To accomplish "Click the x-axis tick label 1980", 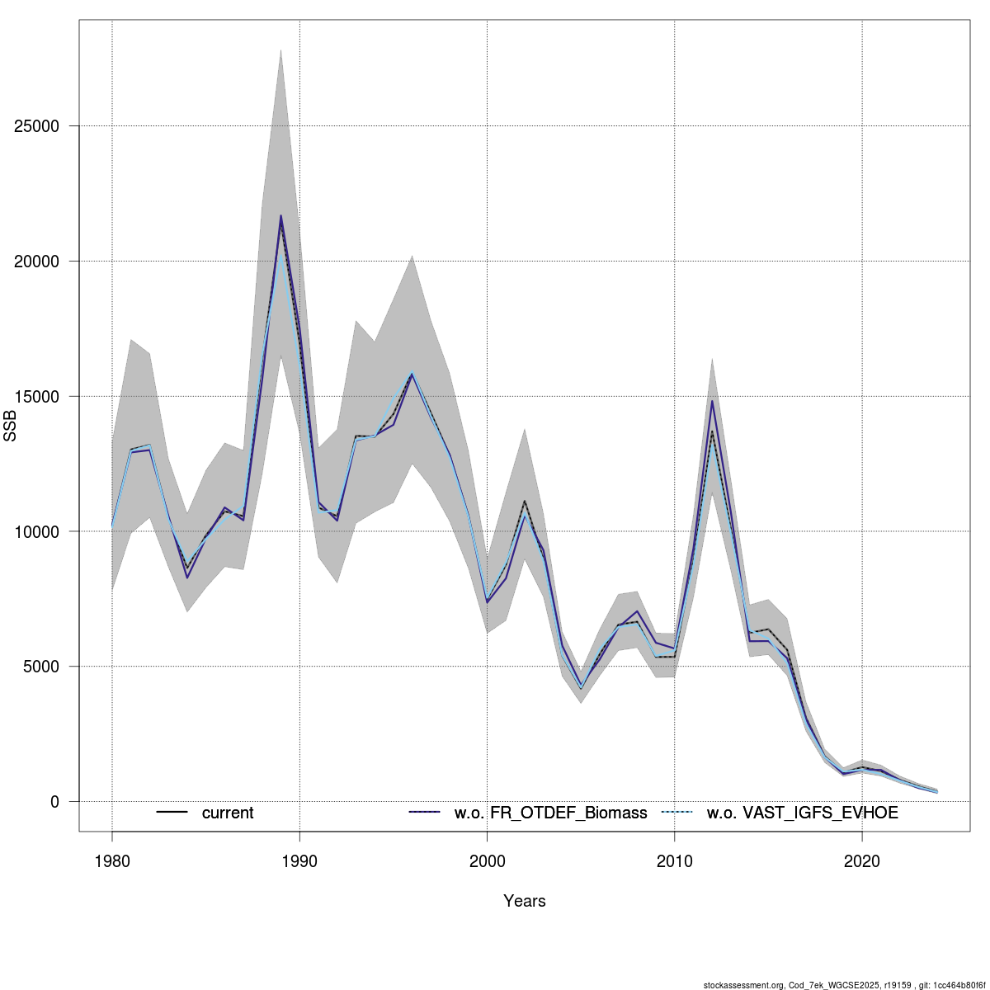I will [x=112, y=861].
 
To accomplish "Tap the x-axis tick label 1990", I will [x=299, y=861].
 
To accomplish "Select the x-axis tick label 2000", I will [x=488, y=861].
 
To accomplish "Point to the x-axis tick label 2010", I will [x=675, y=861].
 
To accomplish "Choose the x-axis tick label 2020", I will [x=862, y=861].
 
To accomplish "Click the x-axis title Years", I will [x=525, y=901].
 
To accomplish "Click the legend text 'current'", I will [x=228, y=813].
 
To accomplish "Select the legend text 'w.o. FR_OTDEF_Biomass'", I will [x=550, y=813].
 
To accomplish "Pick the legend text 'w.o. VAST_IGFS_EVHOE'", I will [x=802, y=813].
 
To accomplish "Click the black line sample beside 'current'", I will [x=172, y=813].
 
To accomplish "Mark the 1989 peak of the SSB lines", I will [x=280, y=216].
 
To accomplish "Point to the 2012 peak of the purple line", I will [x=712, y=401].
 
